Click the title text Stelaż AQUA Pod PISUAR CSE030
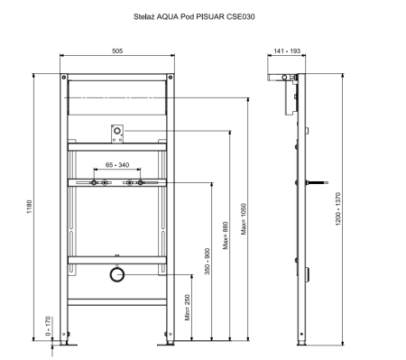pos(194,16)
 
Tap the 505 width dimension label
pos(117,51)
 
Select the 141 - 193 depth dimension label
pos(287,51)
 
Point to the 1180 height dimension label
pos(29,207)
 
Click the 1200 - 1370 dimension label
pos(338,208)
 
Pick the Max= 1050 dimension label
pos(244,219)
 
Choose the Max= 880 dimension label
pos(226,235)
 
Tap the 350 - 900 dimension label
pos(208,261)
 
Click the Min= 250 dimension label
pos(188,307)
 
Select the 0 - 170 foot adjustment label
pos(48,326)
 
